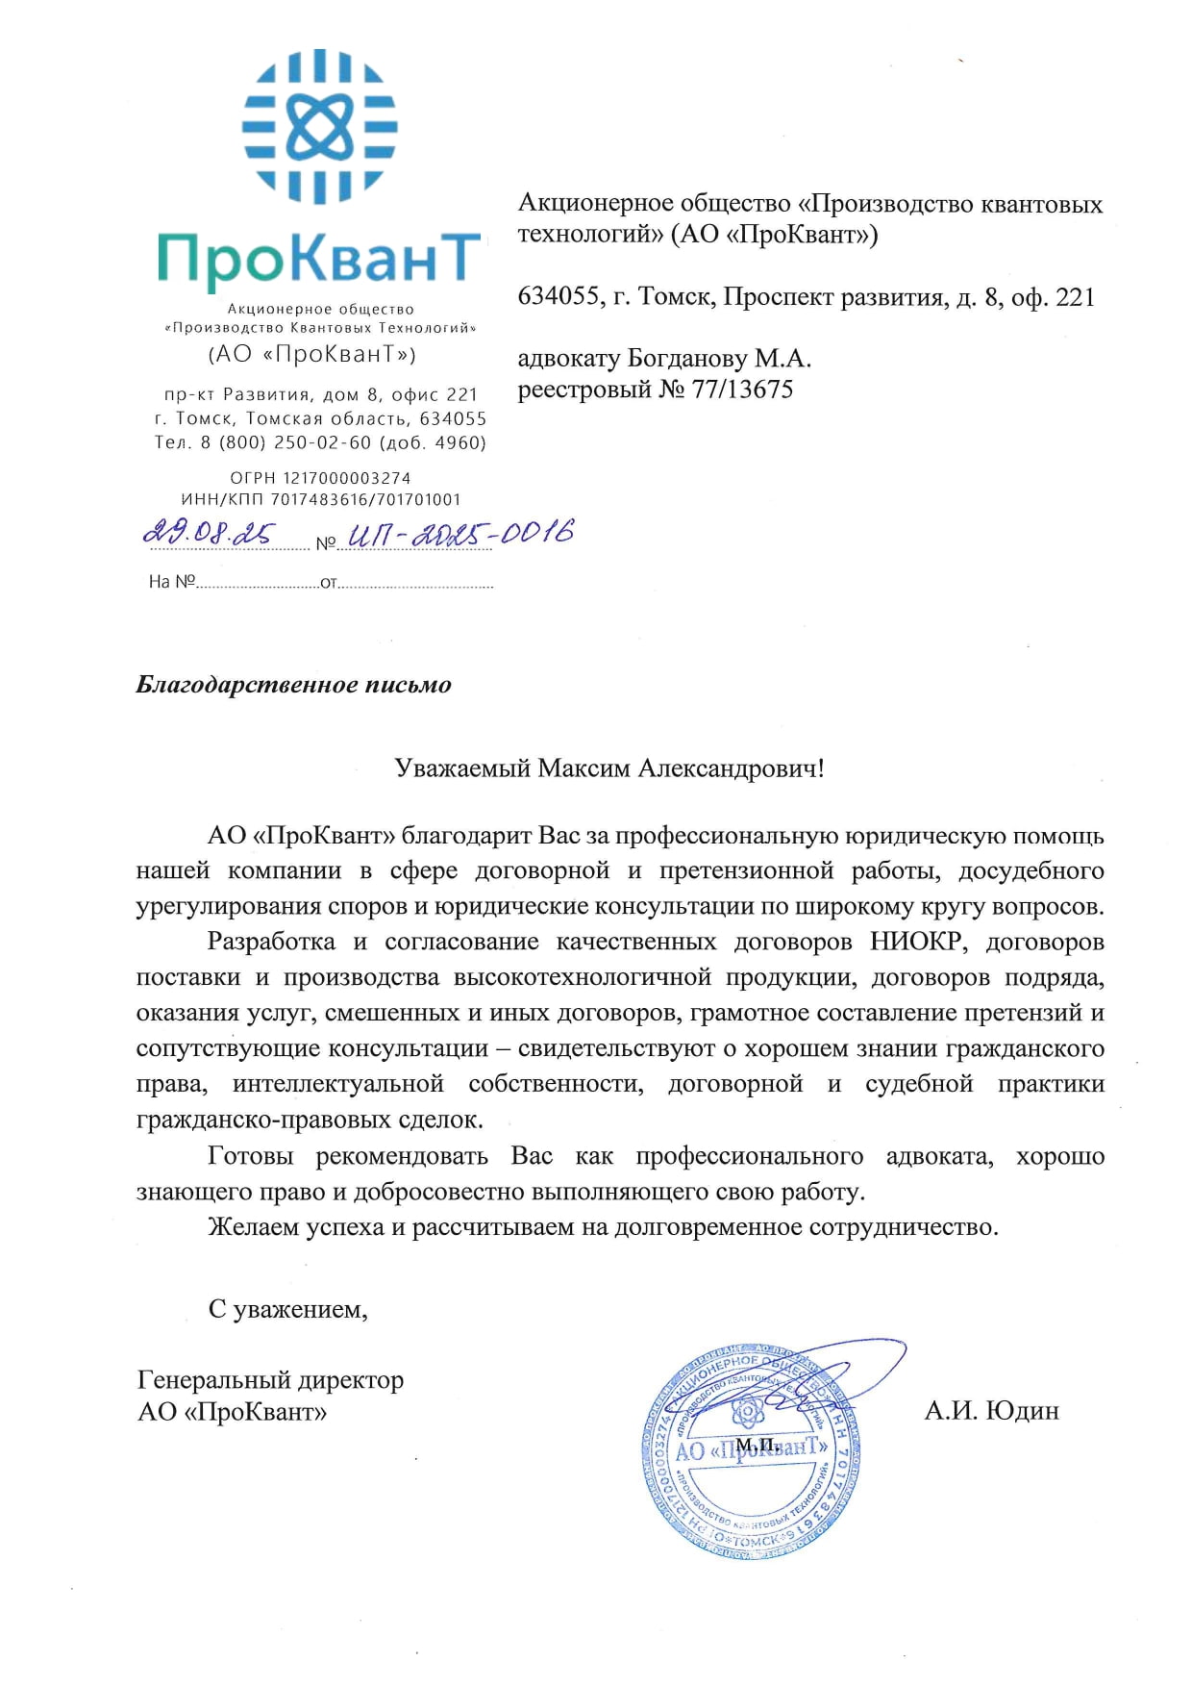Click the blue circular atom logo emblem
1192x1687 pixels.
(x=319, y=126)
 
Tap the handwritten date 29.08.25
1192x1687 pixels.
(x=209, y=533)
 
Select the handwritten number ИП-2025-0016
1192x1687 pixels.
(x=459, y=533)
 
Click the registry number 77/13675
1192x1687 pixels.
(x=743, y=390)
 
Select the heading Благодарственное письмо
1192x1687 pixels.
(x=293, y=685)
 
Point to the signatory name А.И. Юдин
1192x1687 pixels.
(x=991, y=1411)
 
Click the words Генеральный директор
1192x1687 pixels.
(x=270, y=1380)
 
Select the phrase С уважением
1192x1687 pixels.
(x=287, y=1309)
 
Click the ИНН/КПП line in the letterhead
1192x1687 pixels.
(x=320, y=500)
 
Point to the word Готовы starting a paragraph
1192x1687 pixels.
(x=250, y=1156)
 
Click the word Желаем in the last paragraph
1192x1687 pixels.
(x=253, y=1227)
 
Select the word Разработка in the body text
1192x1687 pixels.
(x=271, y=942)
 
